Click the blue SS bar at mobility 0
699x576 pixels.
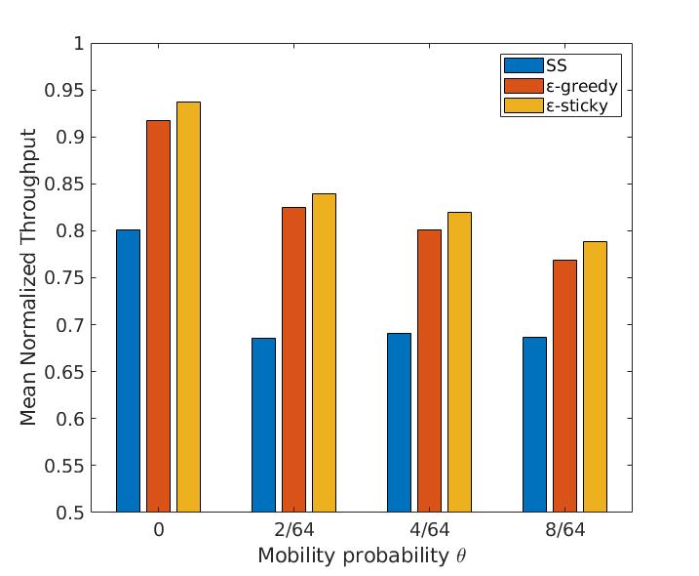pyautogui.click(x=128, y=371)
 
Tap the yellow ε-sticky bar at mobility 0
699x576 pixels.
pyautogui.click(x=188, y=307)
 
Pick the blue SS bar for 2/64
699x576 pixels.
pyautogui.click(x=263, y=425)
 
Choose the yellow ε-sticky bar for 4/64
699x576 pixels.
pyautogui.click(x=459, y=361)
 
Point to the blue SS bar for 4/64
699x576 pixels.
pyautogui.click(x=399, y=422)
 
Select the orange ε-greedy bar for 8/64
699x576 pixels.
pyautogui.click(x=564, y=386)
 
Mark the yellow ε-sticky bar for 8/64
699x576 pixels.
pyautogui.click(x=595, y=376)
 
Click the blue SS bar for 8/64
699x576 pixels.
pyautogui.click(x=534, y=424)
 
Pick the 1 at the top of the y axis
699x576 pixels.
pyautogui.click(x=77, y=44)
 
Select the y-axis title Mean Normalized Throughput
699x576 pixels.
pyautogui.click(x=29, y=277)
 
